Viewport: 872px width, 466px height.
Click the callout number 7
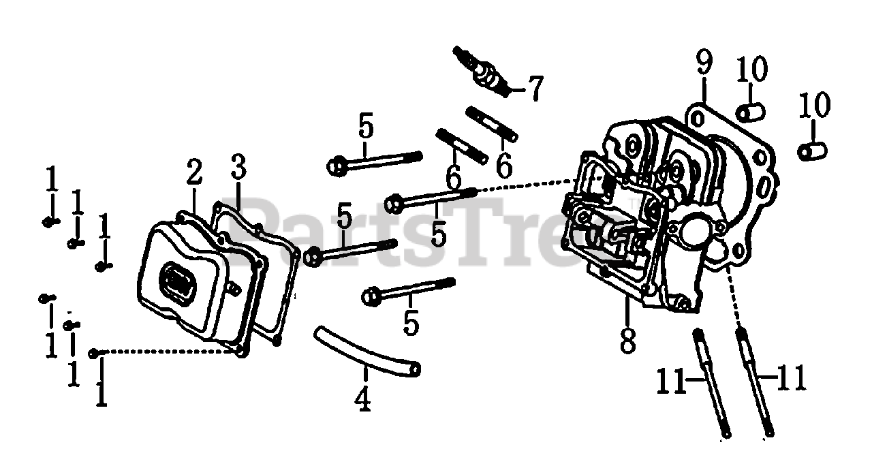tap(535, 88)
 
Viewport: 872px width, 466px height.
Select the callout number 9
tap(704, 64)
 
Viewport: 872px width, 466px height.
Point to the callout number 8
tap(627, 338)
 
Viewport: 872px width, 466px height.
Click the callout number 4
tap(363, 398)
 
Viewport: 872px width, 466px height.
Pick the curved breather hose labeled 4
tap(367, 352)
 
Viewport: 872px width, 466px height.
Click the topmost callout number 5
tap(366, 127)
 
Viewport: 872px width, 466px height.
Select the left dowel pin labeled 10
tap(749, 110)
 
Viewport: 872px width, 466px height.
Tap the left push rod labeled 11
tap(711, 382)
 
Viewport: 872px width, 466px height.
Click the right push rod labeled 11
tap(755, 382)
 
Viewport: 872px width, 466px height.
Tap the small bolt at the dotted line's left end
tap(95, 352)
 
